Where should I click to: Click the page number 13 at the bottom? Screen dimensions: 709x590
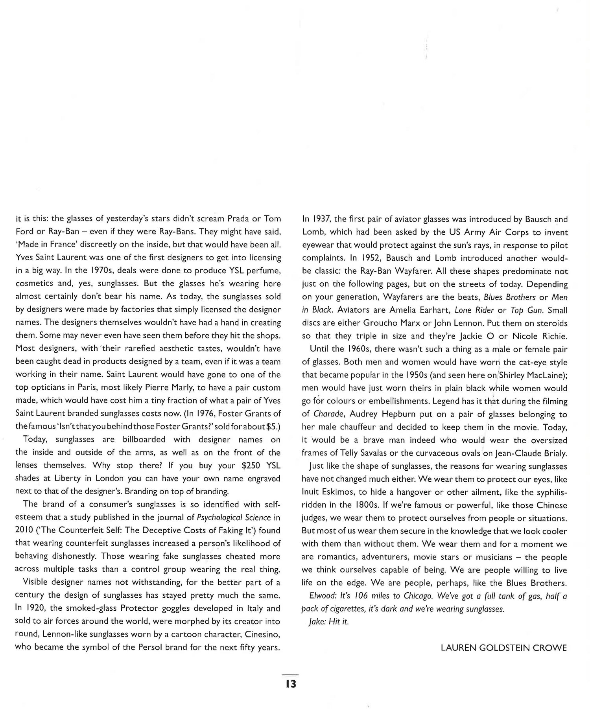coord(291,684)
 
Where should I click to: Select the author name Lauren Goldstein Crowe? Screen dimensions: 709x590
coord(504,648)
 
